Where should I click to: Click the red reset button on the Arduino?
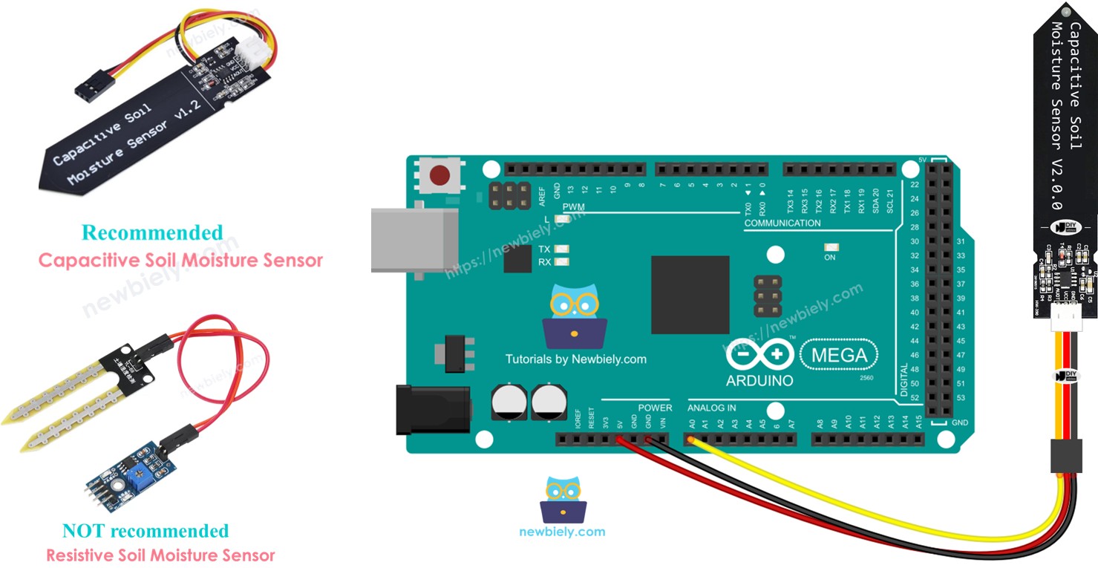point(439,176)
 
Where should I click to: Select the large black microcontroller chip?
point(690,294)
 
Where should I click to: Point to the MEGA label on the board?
point(839,355)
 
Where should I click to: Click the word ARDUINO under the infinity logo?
point(759,381)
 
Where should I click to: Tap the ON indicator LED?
point(829,247)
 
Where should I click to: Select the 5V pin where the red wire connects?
point(620,440)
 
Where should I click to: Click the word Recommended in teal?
point(152,232)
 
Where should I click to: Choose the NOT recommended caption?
point(146,531)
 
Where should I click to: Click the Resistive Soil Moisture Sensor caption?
point(160,555)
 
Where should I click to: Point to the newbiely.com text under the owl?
point(562,532)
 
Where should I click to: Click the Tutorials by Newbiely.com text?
point(575,359)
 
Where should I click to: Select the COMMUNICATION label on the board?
point(782,223)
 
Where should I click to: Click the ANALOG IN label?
point(711,408)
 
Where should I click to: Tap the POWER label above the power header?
point(655,408)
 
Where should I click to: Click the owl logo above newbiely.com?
point(563,500)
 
